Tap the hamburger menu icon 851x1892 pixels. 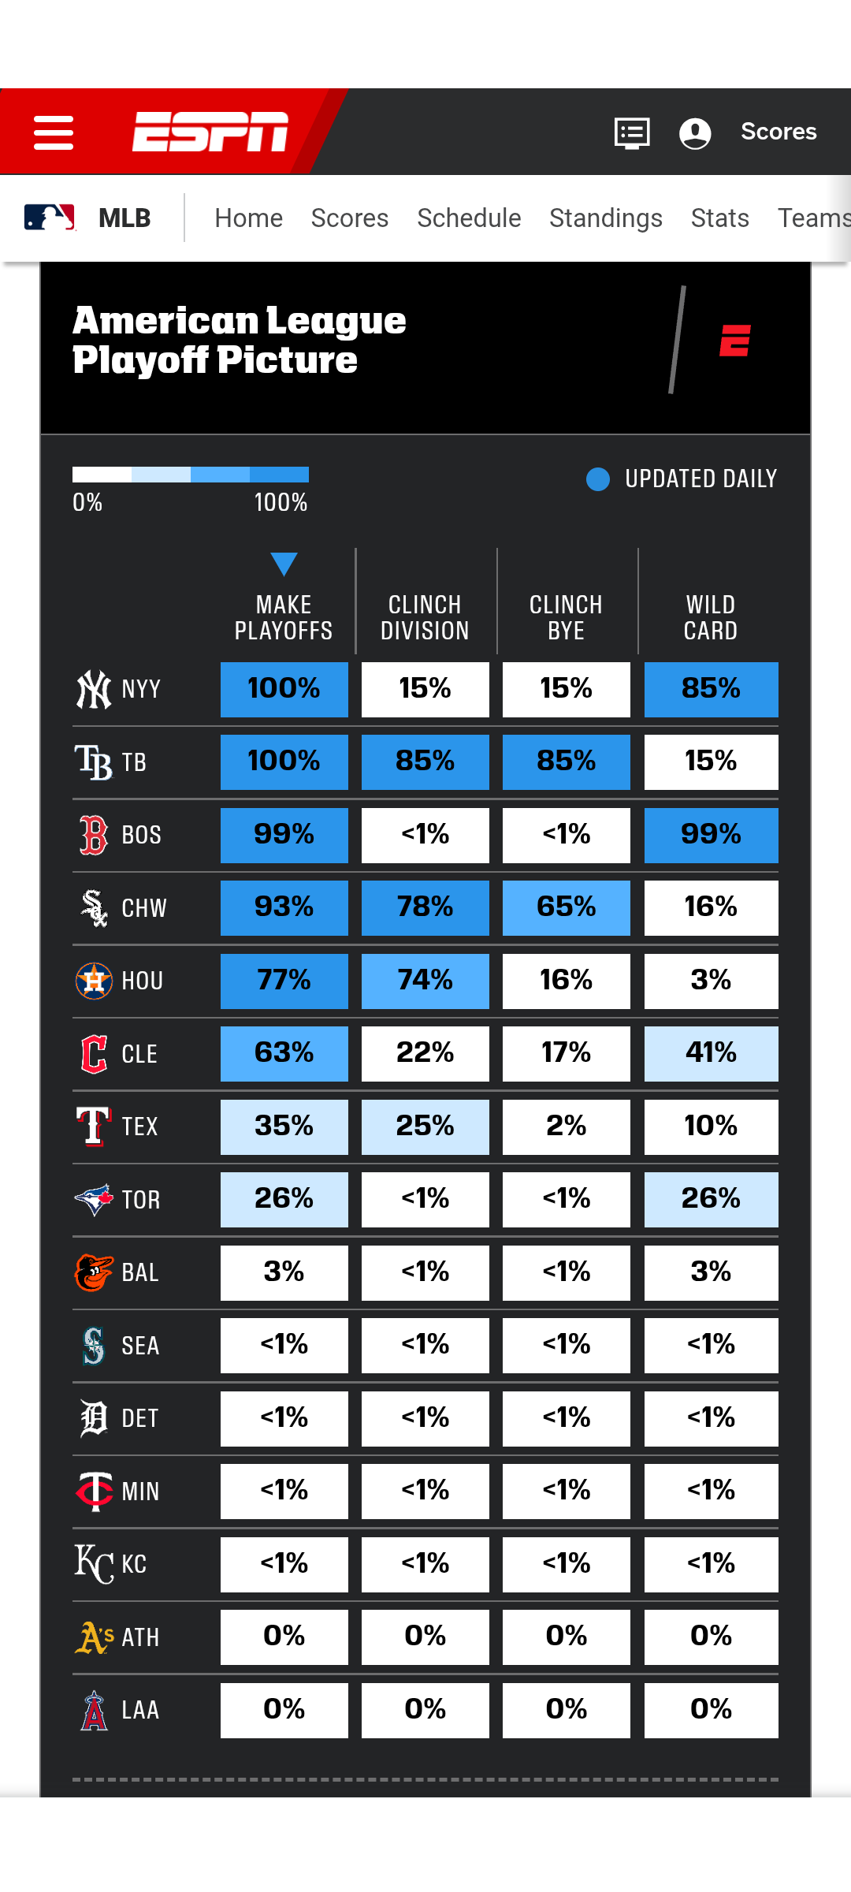click(54, 132)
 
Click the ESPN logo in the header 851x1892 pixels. click(210, 131)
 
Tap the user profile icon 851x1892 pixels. click(695, 132)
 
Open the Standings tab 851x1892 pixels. click(606, 218)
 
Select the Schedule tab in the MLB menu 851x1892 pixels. click(469, 218)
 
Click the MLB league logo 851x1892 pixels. click(50, 218)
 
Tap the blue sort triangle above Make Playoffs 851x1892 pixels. click(284, 564)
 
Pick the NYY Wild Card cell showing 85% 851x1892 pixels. click(711, 689)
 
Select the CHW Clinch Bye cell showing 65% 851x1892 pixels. click(566, 907)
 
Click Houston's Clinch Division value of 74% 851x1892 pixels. click(425, 981)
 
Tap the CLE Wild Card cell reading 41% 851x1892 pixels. click(711, 1053)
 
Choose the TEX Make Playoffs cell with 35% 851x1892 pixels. click(284, 1127)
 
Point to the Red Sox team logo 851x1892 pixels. click(94, 835)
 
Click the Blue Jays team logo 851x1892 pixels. click(94, 1199)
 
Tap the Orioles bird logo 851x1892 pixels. click(94, 1272)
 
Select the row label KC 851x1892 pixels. click(134, 1564)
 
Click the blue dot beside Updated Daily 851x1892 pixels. click(598, 479)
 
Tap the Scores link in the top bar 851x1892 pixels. click(779, 132)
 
